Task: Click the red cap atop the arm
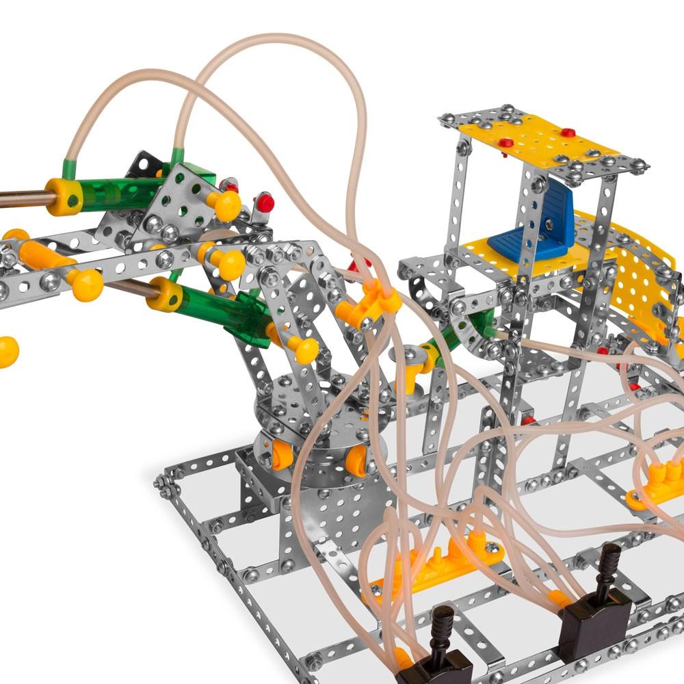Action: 265,202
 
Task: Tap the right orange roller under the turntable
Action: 356,461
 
